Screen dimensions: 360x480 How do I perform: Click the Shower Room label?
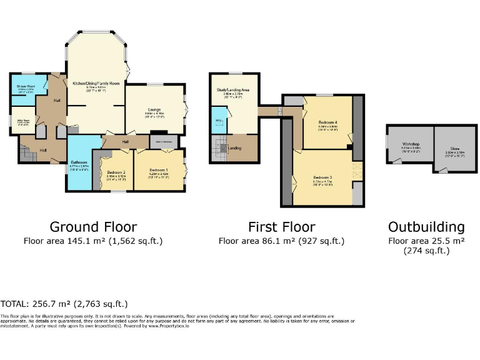click(x=22, y=86)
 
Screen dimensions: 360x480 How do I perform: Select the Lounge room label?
click(x=154, y=109)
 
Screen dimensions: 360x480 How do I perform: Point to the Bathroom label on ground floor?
click(x=79, y=162)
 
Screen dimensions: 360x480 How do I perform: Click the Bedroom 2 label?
click(x=116, y=172)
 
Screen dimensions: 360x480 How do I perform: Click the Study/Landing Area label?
click(x=232, y=91)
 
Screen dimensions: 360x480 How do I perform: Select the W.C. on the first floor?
click(x=219, y=121)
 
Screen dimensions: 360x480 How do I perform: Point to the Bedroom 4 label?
click(x=327, y=122)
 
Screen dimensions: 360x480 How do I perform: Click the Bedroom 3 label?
click(x=322, y=178)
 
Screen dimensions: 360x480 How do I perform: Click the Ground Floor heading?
click(x=93, y=227)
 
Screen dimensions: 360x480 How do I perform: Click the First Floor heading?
click(x=281, y=227)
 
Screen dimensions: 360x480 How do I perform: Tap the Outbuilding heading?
click(x=426, y=227)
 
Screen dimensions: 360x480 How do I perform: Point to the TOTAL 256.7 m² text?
click(x=64, y=304)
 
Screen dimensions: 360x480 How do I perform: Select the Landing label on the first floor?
click(x=235, y=148)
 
